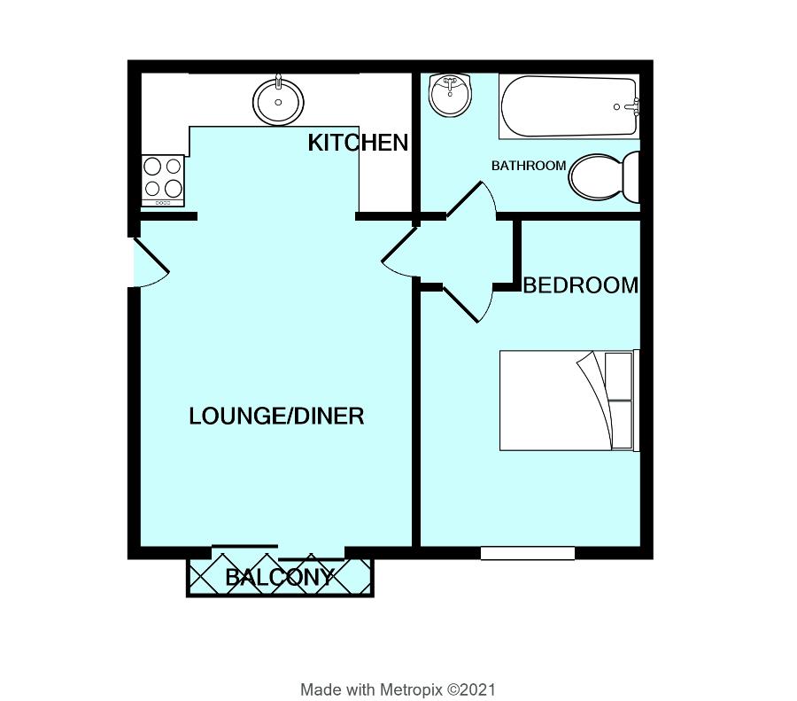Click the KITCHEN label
(358, 143)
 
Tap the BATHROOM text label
(528, 166)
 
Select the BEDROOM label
(580, 285)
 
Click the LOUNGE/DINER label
(276, 416)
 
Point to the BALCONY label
(279, 578)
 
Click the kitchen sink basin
(279, 101)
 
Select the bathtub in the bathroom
(569, 107)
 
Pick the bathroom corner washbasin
(450, 94)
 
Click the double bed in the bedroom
(567, 401)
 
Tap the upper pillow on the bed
(618, 375)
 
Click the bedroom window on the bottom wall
(528, 553)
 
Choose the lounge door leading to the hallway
(400, 252)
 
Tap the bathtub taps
(630, 107)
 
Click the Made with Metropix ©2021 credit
(398, 689)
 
